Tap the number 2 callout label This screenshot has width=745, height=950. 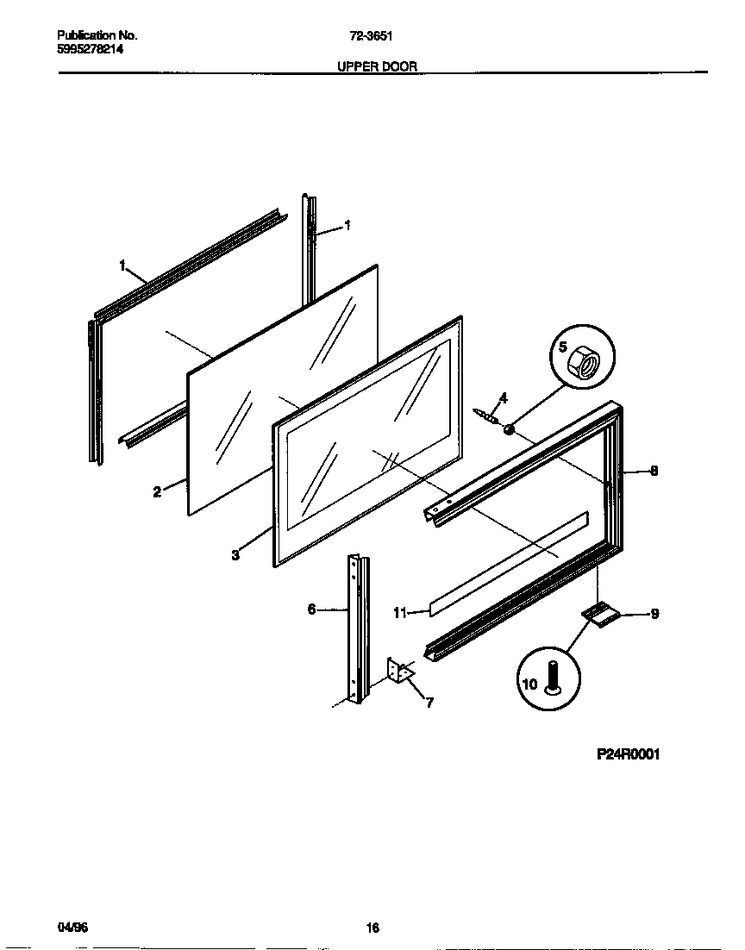coord(157,492)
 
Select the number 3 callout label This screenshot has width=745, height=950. coord(235,556)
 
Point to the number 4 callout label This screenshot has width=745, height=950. coord(504,397)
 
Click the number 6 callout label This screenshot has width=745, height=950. coord(311,609)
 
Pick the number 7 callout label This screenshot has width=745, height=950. coord(429,703)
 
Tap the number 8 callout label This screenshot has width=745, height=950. coord(654,472)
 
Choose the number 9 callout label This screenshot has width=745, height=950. coord(654,615)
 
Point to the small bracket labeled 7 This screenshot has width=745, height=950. coord(400,670)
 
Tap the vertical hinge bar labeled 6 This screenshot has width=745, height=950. coord(356,629)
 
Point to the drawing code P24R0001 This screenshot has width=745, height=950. coord(628,754)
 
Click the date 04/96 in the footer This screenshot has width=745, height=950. coord(72,928)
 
